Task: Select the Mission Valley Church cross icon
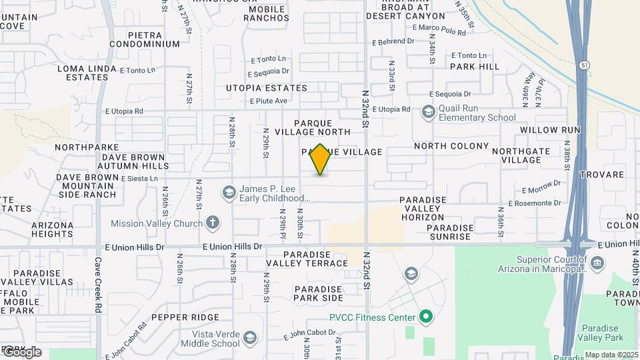pyautogui.click(x=213, y=223)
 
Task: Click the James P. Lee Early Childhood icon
pyautogui.click(x=229, y=193)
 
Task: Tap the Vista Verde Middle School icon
pyautogui.click(x=249, y=339)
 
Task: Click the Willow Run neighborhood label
pyautogui.click(x=550, y=130)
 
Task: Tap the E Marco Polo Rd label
pyautogui.click(x=439, y=29)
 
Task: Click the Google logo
pyautogui.click(x=21, y=351)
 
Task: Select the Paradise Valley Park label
pyautogui.click(x=602, y=333)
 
